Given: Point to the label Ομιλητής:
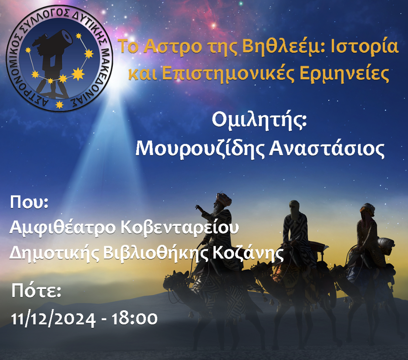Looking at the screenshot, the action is (259, 121).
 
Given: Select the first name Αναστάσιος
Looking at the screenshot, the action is (327, 149).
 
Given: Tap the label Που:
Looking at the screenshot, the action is (29, 202).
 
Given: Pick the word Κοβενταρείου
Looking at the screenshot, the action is (179, 228).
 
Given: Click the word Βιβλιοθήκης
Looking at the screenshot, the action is (156, 253).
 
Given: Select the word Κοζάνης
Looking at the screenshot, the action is (248, 253).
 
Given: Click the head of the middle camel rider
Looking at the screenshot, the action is (294, 208).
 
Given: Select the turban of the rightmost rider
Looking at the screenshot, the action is (368, 208).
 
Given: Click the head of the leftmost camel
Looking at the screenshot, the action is (175, 279).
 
